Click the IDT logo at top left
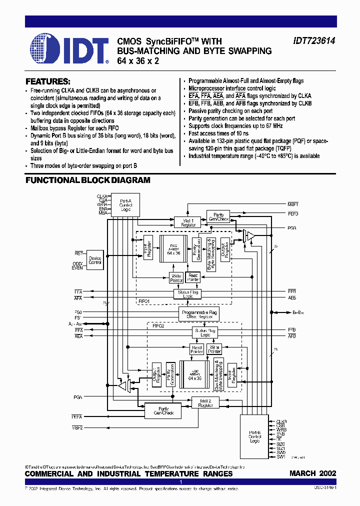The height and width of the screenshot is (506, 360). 69,49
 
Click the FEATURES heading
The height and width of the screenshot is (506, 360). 47,81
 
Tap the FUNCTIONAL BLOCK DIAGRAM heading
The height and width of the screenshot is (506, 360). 87,180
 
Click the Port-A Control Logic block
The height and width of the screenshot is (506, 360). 125,205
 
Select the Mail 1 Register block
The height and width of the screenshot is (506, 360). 188,221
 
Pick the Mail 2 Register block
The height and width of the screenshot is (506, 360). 205,402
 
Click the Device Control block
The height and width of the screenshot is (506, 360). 95,260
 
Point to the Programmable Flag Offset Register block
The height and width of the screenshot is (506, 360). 199,314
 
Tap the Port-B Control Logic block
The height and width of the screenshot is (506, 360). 254,436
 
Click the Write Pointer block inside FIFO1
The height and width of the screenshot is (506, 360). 176,277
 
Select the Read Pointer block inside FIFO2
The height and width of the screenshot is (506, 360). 197,349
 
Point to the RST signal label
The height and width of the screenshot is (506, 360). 78,253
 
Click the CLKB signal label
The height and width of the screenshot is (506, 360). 281,422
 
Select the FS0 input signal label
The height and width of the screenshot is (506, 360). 78,312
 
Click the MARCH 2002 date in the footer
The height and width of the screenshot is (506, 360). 312,473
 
